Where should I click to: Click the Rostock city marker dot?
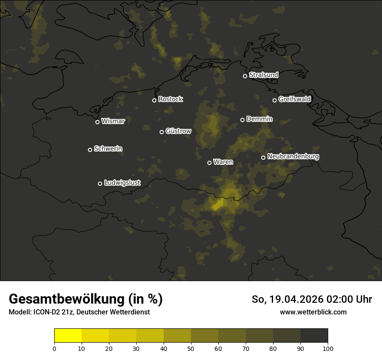tap(154, 100)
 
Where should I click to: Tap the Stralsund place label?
tap(263, 75)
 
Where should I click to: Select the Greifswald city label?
tap(294, 99)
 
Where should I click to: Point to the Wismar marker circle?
tap(97, 122)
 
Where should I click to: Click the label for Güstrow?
tap(178, 131)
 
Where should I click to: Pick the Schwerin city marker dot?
tap(90, 150)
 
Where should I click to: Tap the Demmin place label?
tap(259, 119)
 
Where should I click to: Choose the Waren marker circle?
tap(209, 163)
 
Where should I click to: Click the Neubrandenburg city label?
tap(293, 157)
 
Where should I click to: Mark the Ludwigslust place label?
tap(122, 183)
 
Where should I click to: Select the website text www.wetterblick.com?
tap(313, 312)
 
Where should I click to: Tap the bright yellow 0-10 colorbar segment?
tap(68, 336)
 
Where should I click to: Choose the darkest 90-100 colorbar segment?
tap(314, 336)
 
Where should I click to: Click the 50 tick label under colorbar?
tap(191, 349)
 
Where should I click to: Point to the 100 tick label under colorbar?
tap(328, 349)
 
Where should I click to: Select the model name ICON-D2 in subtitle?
tap(44, 312)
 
